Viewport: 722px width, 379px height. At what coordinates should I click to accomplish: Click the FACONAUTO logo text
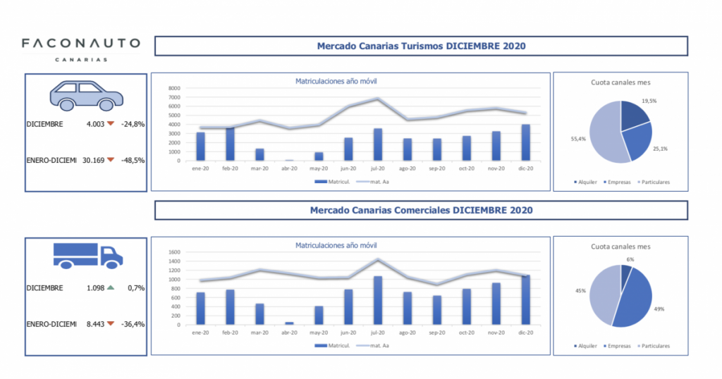(x=80, y=44)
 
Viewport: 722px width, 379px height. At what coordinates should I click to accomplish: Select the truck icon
(x=87, y=254)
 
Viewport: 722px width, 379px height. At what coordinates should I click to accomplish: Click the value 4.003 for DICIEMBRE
(x=94, y=124)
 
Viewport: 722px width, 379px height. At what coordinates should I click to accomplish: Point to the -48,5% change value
(x=133, y=161)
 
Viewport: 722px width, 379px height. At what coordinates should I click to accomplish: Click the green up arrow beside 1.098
(x=110, y=288)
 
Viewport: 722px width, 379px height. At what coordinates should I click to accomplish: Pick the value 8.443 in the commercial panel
(x=94, y=324)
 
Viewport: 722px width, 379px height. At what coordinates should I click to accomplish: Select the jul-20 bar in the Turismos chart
(x=379, y=144)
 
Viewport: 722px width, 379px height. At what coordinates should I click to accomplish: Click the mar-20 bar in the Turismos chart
(x=260, y=154)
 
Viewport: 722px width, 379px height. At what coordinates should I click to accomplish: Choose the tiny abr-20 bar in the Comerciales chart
(x=290, y=323)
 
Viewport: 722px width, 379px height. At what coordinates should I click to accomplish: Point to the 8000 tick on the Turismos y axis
(x=174, y=88)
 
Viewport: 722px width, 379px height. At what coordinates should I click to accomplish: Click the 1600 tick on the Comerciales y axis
(x=174, y=251)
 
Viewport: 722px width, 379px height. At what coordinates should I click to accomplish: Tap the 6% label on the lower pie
(x=630, y=260)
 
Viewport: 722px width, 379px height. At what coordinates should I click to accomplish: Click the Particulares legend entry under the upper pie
(x=654, y=182)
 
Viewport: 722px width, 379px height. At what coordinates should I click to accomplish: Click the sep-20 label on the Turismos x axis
(x=438, y=169)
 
